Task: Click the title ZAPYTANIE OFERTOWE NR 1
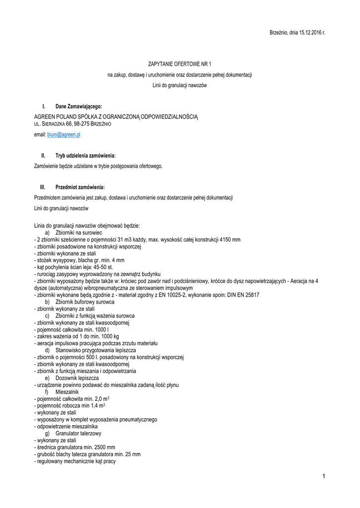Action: pos(180,64)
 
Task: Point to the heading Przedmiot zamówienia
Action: pos(80,187)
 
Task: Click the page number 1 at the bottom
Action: pos(323,477)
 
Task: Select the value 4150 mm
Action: pos(230,240)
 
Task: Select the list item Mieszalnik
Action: pos(67,392)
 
